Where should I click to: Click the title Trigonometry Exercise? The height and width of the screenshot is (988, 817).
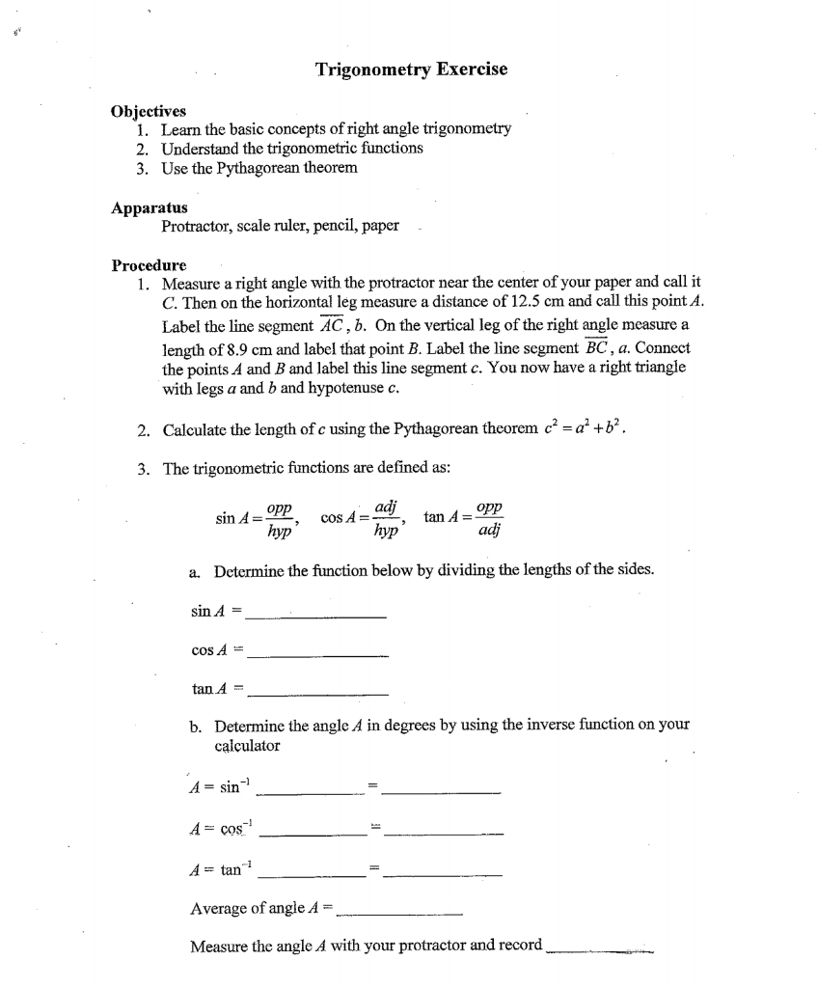[411, 69]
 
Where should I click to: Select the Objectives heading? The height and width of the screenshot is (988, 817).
[150, 111]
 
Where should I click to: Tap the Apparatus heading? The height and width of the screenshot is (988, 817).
[150, 207]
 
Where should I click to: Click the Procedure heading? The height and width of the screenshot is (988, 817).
[149, 265]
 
